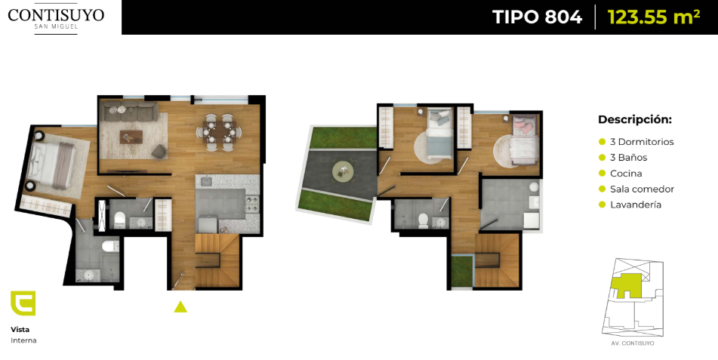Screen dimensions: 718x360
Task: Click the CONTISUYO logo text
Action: click(56, 14)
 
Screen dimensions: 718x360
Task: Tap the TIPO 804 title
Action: click(537, 17)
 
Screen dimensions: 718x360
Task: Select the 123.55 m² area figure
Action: click(653, 17)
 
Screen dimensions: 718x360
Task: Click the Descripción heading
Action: click(635, 120)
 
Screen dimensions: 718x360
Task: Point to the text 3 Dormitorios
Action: click(642, 142)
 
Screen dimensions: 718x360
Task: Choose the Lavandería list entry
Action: click(636, 205)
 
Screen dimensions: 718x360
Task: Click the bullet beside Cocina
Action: click(602, 174)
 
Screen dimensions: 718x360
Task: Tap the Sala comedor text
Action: click(642, 189)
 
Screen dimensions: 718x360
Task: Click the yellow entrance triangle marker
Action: click(180, 307)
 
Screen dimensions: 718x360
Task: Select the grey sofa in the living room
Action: click(130, 111)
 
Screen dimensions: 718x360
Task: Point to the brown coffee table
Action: click(131, 137)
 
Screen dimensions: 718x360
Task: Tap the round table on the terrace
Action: click(343, 171)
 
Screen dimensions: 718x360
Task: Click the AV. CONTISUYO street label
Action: click(632, 343)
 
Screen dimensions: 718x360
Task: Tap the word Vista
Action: click(20, 329)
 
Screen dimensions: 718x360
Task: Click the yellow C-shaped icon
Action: click(23, 303)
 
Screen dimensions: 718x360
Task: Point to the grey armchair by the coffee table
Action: click(159, 152)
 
